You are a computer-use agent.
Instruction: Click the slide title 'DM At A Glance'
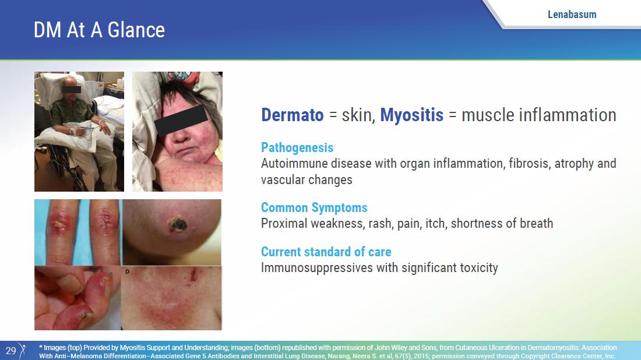(99, 30)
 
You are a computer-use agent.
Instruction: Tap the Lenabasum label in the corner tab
(572, 15)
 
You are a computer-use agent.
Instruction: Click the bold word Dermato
(293, 115)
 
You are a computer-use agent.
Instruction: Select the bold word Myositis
(411, 115)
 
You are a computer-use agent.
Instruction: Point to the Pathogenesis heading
(297, 147)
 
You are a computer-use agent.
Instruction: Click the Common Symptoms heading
(314, 207)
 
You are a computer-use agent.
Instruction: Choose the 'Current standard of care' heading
(326, 252)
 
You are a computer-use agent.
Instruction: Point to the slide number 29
(10, 351)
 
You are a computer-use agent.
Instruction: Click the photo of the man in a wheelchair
(79, 132)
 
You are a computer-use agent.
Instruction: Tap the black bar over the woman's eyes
(181, 120)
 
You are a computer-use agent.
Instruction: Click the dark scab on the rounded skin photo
(177, 224)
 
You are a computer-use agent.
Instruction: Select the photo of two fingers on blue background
(78, 232)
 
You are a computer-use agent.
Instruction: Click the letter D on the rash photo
(128, 271)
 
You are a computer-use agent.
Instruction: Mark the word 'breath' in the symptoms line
(536, 224)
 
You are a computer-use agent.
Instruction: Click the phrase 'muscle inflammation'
(539, 115)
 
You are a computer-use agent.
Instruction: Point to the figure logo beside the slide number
(23, 350)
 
